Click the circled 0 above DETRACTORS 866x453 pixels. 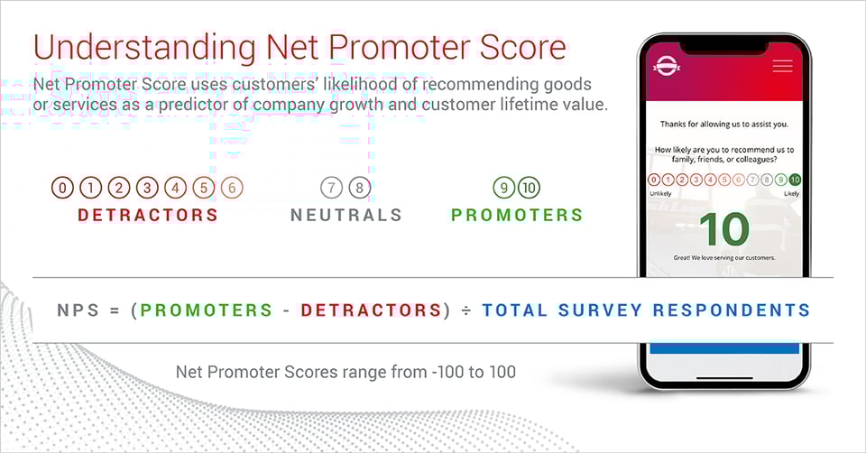pyautogui.click(x=62, y=188)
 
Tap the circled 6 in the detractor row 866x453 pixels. pyautogui.click(x=232, y=188)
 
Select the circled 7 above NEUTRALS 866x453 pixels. pyautogui.click(x=331, y=188)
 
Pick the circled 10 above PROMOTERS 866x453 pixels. pyautogui.click(x=530, y=188)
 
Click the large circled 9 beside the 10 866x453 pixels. pyautogui.click(x=503, y=188)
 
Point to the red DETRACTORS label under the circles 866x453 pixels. pyautogui.click(x=148, y=215)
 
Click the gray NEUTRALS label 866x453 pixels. pyautogui.click(x=346, y=215)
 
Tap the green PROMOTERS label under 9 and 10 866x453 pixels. pyautogui.click(x=517, y=215)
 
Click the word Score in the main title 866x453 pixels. pyautogui.click(x=523, y=48)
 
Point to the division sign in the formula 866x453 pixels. pyautogui.click(x=466, y=310)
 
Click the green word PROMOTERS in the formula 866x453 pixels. pyautogui.click(x=206, y=310)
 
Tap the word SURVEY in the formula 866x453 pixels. pyautogui.click(x=600, y=310)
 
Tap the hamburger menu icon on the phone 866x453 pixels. pyautogui.click(x=783, y=66)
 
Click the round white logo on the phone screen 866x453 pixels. pyautogui.click(x=666, y=66)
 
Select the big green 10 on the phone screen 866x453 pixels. pyautogui.click(x=724, y=229)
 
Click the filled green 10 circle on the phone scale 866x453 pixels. pyautogui.click(x=795, y=180)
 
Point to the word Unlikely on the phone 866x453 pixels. pyautogui.click(x=660, y=194)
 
